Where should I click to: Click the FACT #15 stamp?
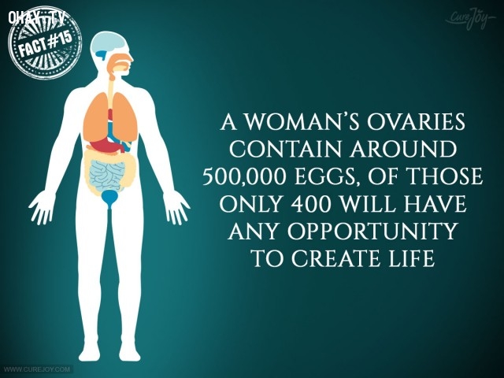(x=45, y=43)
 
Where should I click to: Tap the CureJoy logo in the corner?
(x=470, y=18)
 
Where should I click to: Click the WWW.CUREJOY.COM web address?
(x=37, y=369)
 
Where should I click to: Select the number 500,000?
(x=244, y=176)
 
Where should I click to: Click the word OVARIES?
(x=417, y=121)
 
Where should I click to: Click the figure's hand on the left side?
(x=42, y=207)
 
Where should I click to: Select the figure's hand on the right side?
(x=176, y=207)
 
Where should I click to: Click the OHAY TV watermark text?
(x=37, y=17)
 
